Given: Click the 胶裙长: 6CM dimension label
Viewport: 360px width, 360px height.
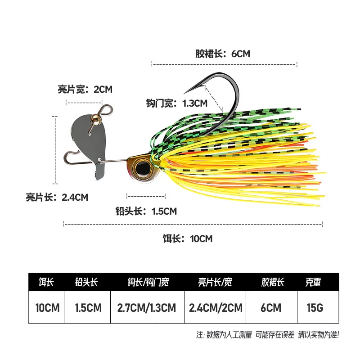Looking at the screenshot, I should pyautogui.click(x=222, y=54).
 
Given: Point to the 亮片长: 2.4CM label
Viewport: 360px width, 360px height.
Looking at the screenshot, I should pyautogui.click(x=57, y=197).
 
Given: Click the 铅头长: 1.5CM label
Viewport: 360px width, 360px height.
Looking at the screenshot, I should pyautogui.click(x=146, y=211).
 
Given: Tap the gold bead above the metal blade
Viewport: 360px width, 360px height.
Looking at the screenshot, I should pyautogui.click(x=96, y=119).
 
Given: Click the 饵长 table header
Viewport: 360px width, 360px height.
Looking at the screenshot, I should pyautogui.click(x=46, y=282).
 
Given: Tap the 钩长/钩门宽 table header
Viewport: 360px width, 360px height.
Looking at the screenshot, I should pyautogui.click(x=148, y=282).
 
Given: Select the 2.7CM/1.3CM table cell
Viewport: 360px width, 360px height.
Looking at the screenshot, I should pyautogui.click(x=147, y=308).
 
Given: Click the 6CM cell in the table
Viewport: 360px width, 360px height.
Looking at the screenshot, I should pyautogui.click(x=271, y=308).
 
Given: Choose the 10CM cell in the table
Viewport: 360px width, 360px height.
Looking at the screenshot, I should pyautogui.click(x=47, y=308).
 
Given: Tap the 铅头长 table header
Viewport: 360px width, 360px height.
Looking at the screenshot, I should pyautogui.click(x=86, y=282).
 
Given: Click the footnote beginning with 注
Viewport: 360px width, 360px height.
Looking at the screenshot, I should pyautogui.click(x=267, y=335).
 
